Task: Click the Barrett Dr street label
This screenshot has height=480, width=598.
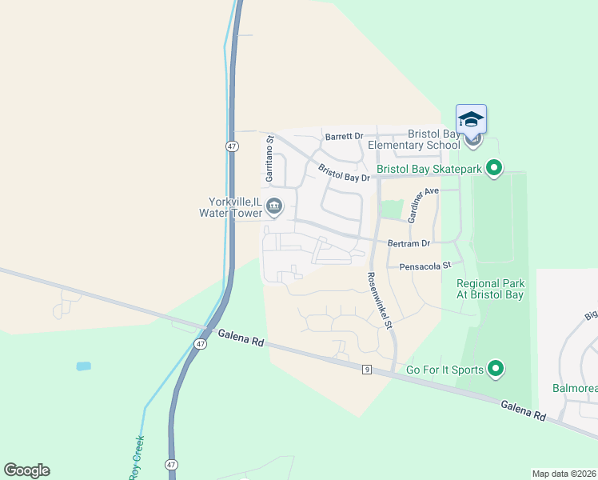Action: point(343,137)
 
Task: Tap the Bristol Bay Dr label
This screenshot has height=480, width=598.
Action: point(344,173)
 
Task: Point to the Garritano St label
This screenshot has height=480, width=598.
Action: point(270,157)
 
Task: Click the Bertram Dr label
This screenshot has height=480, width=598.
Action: point(409,242)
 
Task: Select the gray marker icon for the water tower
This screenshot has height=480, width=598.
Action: point(274,207)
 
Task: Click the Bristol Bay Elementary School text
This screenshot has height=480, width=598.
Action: point(413,139)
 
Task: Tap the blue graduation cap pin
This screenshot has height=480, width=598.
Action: point(471,119)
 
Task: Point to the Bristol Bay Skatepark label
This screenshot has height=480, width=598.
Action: point(429,169)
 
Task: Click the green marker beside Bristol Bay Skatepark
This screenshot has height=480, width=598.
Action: point(494,168)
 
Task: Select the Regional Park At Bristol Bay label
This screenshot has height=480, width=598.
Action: point(490,289)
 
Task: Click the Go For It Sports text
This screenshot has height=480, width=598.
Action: point(445,370)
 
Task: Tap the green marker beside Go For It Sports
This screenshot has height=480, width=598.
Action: point(496,369)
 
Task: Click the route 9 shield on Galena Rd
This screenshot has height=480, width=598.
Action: point(366,369)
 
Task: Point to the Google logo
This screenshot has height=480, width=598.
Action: point(26,470)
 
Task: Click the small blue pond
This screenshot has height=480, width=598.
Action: point(84,366)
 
